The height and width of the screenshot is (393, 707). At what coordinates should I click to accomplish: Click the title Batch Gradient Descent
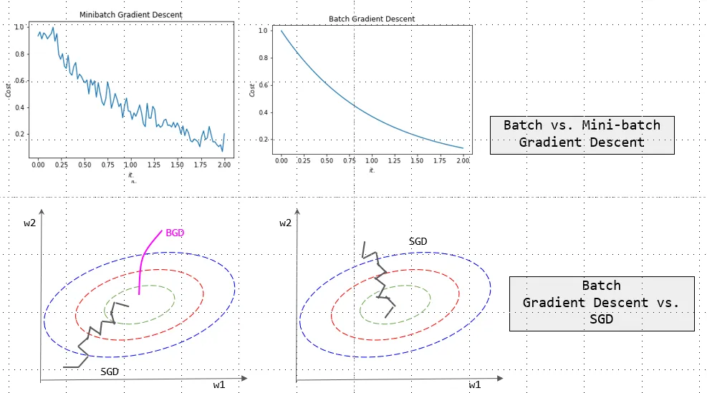tap(372, 19)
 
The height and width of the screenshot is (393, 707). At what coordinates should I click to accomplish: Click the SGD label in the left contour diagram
tap(110, 373)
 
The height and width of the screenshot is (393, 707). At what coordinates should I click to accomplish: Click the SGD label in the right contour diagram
tap(417, 241)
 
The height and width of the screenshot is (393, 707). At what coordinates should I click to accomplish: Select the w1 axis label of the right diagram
tap(474, 384)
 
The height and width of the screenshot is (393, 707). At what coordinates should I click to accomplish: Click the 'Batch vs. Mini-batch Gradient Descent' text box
tap(581, 133)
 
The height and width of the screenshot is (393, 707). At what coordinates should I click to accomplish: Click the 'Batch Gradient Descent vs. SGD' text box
tap(601, 303)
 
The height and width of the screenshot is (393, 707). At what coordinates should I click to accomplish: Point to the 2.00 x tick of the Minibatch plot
tap(224, 164)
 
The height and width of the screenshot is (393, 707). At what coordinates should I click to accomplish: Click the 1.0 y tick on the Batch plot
tap(263, 31)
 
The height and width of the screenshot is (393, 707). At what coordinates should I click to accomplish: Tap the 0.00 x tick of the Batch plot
tap(282, 161)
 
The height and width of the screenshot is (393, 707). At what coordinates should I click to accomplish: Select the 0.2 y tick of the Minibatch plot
tap(20, 135)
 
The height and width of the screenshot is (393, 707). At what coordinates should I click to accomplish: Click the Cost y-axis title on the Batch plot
tap(251, 90)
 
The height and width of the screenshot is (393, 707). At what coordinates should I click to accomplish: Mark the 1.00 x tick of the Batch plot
tap(371, 161)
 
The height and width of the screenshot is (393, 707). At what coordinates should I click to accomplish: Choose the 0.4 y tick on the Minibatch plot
tap(20, 107)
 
